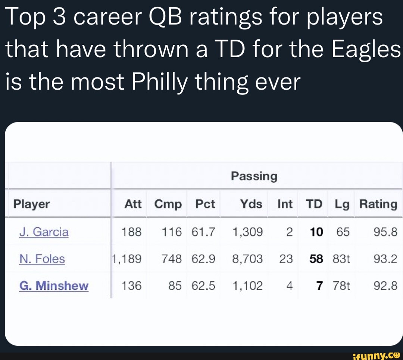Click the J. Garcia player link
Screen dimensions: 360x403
(x=44, y=232)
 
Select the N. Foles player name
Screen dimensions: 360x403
(x=42, y=259)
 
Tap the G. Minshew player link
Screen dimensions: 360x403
(x=54, y=286)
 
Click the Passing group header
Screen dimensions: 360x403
(x=254, y=176)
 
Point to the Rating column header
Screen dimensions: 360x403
(x=378, y=204)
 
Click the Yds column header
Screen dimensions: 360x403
(x=251, y=204)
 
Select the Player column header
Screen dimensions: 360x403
(x=32, y=204)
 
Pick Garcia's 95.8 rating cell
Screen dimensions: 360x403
(x=385, y=232)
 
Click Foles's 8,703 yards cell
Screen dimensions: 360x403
(x=247, y=259)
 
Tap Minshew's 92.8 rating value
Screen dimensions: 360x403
(x=385, y=286)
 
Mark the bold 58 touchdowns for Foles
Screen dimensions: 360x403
(x=316, y=259)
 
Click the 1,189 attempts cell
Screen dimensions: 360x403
(x=126, y=259)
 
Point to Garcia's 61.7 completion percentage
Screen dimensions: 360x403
(x=203, y=232)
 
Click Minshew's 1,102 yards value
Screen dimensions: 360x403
(x=247, y=286)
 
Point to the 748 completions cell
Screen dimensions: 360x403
(x=172, y=259)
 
